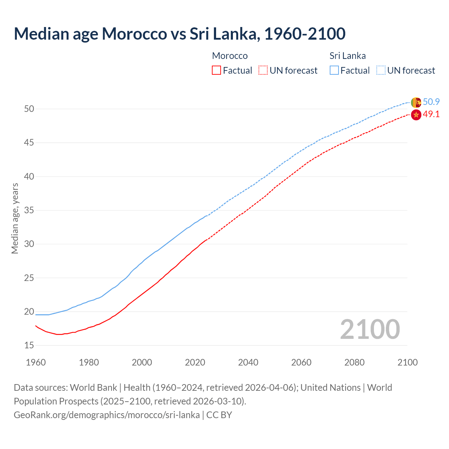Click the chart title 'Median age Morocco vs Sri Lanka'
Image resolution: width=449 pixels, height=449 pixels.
(x=180, y=34)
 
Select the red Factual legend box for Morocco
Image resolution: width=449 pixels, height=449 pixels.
(x=216, y=71)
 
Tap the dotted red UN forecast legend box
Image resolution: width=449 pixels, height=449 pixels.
(x=263, y=71)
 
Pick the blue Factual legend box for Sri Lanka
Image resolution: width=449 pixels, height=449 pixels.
(x=334, y=71)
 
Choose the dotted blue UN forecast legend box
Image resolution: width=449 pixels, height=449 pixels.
(x=381, y=71)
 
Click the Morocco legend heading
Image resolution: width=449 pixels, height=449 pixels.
(x=230, y=56)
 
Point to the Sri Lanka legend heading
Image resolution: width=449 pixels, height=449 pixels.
(x=347, y=56)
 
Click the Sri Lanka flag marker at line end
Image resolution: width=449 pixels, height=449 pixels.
(x=416, y=102)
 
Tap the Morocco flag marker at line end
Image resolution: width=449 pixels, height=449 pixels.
(x=416, y=115)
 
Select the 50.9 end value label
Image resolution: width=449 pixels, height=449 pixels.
(x=431, y=102)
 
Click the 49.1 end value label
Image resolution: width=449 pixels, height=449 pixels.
(x=431, y=114)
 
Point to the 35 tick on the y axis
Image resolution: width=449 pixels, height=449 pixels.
(x=29, y=210)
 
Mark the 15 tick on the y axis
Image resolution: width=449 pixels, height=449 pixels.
(x=29, y=346)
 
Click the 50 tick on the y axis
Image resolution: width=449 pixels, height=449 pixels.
(x=29, y=109)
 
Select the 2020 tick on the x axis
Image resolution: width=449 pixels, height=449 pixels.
(x=195, y=362)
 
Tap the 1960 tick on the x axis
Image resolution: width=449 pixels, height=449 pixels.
(x=36, y=362)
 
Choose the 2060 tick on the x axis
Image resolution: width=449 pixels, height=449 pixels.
(x=301, y=362)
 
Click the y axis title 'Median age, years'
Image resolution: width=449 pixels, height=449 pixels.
(x=15, y=218)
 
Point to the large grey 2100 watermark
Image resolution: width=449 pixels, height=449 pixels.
(x=370, y=329)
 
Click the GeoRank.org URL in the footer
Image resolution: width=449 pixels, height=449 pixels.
(x=107, y=415)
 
